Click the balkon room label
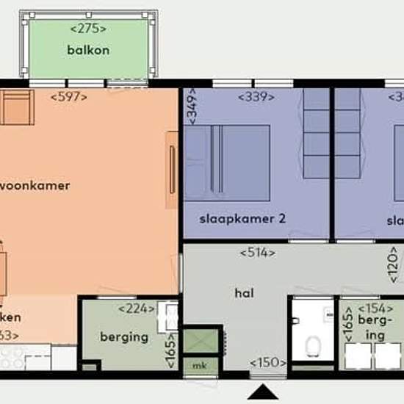[88, 51]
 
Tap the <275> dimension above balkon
[88, 29]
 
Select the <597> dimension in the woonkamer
[69, 96]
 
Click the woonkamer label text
[35, 185]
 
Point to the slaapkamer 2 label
[232, 218]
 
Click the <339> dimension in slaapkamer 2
[256, 96]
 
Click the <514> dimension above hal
[258, 253]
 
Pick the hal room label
[244, 292]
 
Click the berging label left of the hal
[124, 337]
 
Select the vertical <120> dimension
[394, 264]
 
